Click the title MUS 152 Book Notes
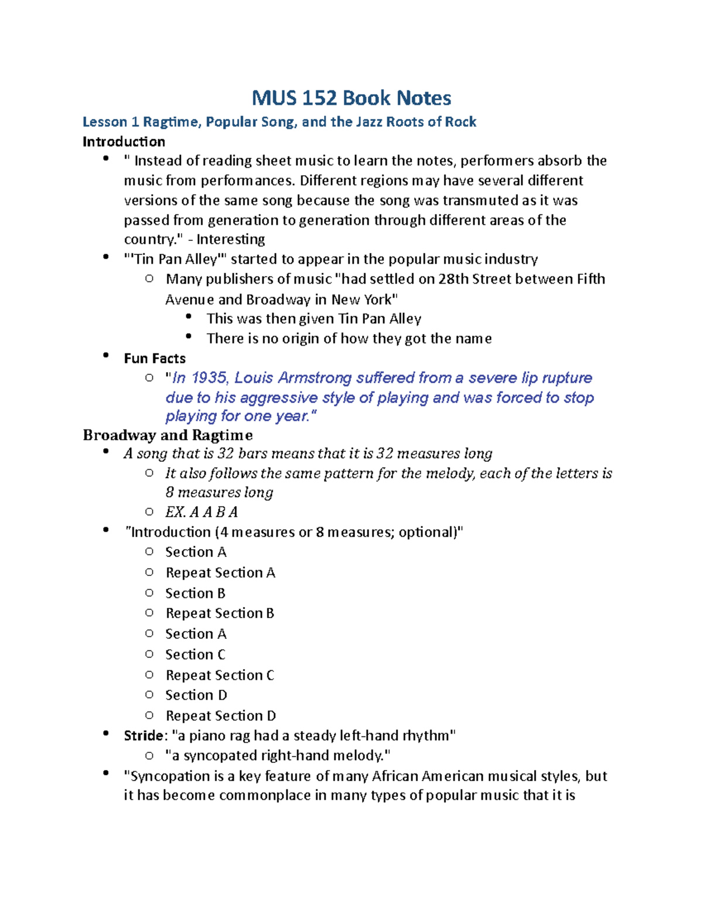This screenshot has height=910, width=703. (x=351, y=98)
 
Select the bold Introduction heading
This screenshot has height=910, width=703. (x=124, y=142)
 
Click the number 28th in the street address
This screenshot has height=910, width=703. (x=453, y=279)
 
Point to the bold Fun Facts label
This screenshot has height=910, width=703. (x=155, y=359)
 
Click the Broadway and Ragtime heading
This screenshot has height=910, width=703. (x=168, y=435)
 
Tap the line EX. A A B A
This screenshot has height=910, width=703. (x=202, y=512)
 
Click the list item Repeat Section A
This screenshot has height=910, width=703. (x=220, y=572)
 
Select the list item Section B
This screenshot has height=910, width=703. (x=195, y=593)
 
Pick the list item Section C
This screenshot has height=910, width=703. (x=195, y=655)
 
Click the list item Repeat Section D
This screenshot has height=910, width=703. (x=220, y=715)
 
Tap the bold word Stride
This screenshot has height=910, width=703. (x=144, y=735)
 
